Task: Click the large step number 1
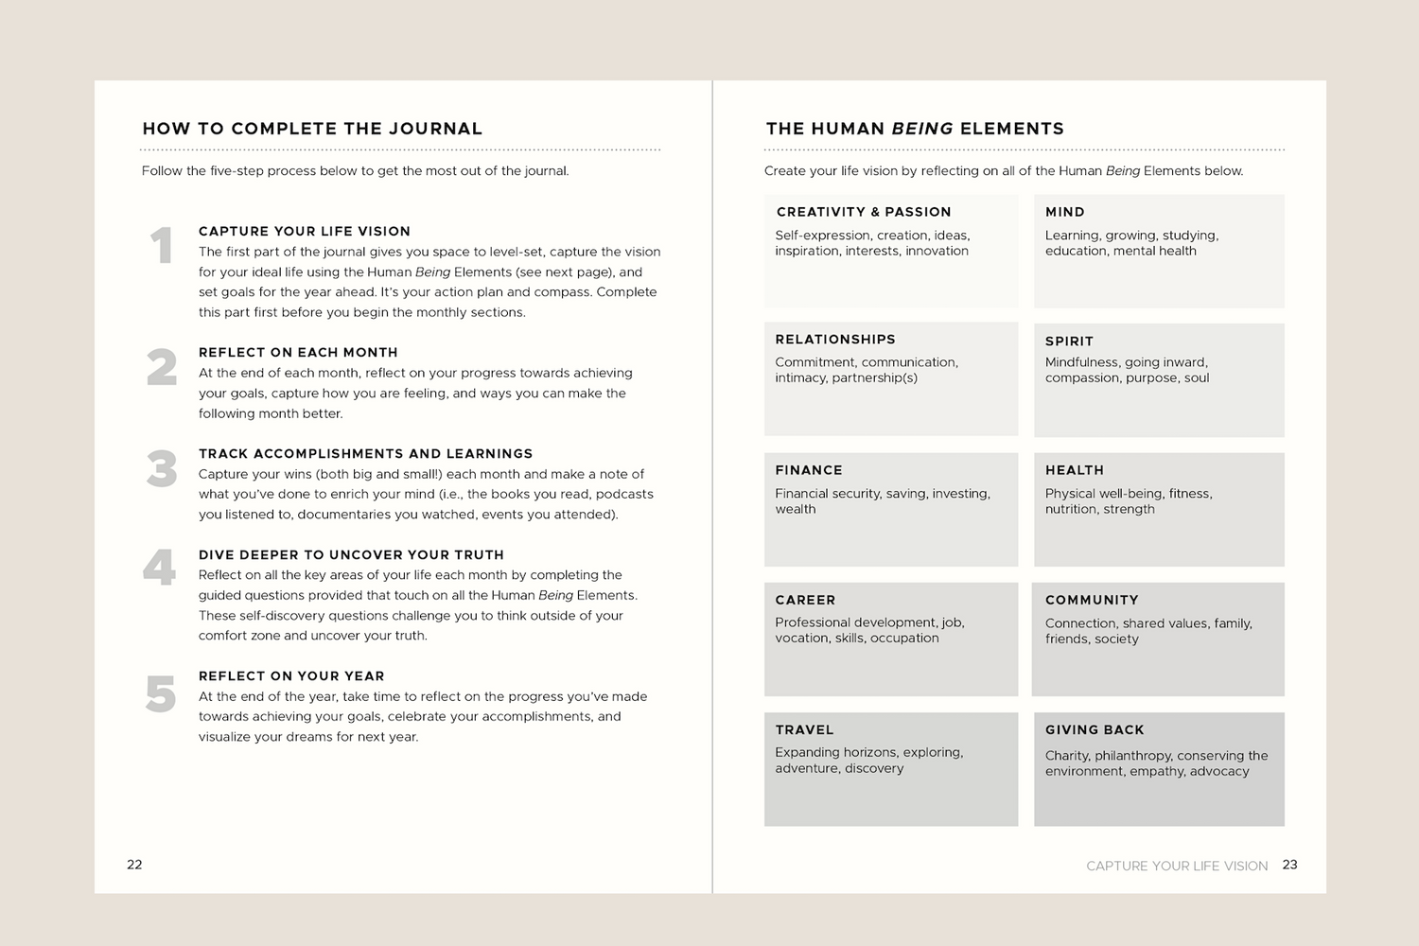[162, 246]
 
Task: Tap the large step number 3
[162, 469]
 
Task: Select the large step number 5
[161, 694]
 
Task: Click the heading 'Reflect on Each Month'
[298, 352]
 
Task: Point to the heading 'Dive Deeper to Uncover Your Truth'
[351, 554]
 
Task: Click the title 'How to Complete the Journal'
[312, 129]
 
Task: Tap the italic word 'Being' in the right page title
[921, 129]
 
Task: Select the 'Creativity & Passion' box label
[864, 212]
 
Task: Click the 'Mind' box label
[1065, 212]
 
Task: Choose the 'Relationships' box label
[835, 340]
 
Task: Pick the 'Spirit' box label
[1069, 342]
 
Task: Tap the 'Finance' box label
[809, 470]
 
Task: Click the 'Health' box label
[1075, 470]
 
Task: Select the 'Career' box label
[805, 600]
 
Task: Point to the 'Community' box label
[1092, 600]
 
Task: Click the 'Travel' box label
[804, 729]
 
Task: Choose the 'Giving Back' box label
[1095, 729]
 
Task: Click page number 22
[134, 864]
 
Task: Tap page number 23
[1289, 864]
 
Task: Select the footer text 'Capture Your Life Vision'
[1177, 866]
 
